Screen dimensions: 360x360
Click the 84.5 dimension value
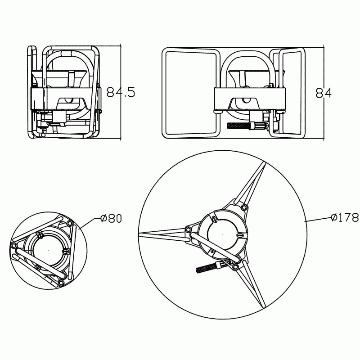click(121, 92)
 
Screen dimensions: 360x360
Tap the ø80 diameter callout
click(111, 218)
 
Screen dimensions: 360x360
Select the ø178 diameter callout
click(345, 217)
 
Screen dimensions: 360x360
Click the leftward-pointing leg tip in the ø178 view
click(139, 234)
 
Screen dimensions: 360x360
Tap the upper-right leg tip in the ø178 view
click(264, 163)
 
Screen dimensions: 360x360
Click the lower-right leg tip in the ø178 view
click(264, 306)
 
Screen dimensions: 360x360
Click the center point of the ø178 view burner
click(223, 234)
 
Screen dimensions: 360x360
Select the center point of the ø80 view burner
click(48, 250)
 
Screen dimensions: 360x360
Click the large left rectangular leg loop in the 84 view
click(191, 93)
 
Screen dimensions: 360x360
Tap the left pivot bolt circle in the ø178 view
click(188, 229)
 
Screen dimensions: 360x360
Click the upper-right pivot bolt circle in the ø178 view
click(243, 208)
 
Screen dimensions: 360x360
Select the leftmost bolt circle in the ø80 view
click(14, 245)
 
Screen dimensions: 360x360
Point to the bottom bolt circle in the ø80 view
click(60, 283)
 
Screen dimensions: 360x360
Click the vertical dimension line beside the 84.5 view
click(121, 93)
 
